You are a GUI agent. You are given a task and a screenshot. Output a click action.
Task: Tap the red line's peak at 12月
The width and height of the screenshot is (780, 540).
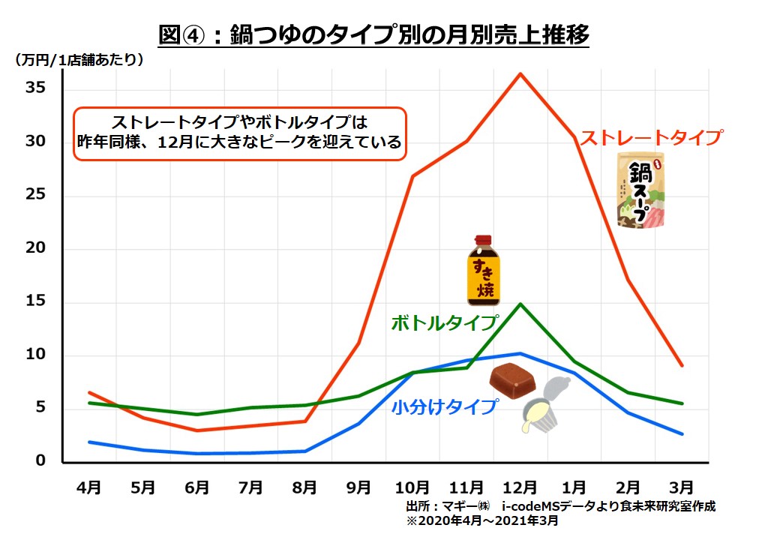point(520,73)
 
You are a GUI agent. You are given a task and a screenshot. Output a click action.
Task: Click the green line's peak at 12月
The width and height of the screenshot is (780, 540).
point(520,304)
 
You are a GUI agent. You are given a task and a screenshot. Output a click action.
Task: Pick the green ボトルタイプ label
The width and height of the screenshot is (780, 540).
point(445,323)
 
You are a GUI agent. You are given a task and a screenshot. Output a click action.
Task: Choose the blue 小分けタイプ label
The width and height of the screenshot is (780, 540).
point(445,407)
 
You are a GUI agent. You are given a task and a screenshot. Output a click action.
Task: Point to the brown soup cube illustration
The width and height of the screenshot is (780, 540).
point(513,380)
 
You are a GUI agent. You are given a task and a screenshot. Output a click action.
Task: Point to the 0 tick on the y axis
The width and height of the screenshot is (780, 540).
point(42,461)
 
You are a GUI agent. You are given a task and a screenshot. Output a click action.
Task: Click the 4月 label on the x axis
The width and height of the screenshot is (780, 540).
point(89,487)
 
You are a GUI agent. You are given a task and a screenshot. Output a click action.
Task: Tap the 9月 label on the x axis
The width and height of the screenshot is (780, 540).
point(358,487)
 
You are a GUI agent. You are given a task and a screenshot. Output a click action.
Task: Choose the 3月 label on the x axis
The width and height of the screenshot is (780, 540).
point(682,487)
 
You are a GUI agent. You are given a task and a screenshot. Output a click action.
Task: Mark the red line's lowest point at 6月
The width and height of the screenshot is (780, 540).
point(196,430)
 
